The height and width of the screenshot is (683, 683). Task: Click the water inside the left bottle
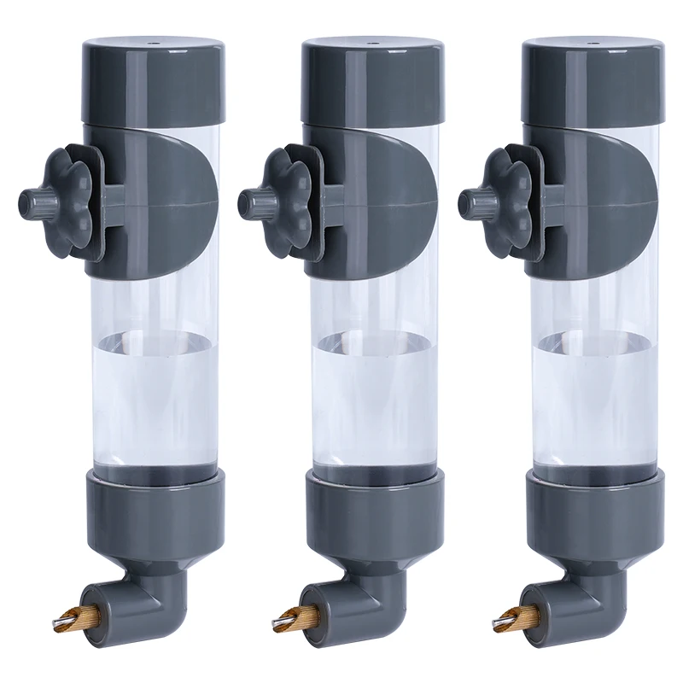(154, 393)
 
